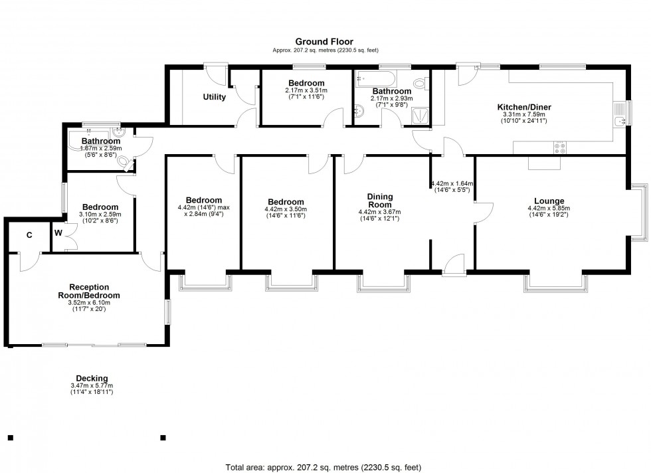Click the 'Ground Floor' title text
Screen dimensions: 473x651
coord(325,41)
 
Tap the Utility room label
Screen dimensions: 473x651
coord(214,97)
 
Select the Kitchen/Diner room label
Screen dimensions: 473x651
coord(524,107)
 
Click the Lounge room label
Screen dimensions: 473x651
coord(549,201)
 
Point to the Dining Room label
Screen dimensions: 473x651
coord(380,201)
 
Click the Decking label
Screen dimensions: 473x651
coord(92,379)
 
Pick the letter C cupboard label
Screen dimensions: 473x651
coord(29,235)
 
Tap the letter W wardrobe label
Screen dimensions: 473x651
coord(58,233)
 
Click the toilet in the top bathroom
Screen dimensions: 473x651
coord(419,84)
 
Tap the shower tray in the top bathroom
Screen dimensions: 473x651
coord(420,117)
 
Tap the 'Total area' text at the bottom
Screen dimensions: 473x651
coord(325,467)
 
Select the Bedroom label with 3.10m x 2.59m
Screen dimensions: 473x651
coord(100,207)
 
